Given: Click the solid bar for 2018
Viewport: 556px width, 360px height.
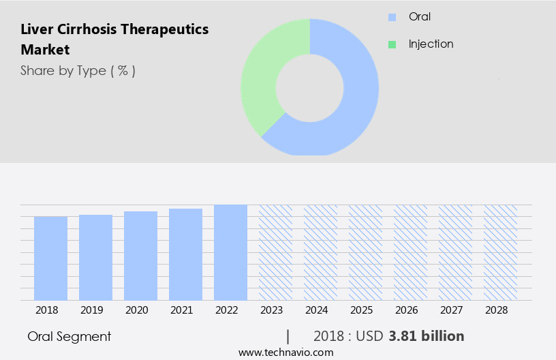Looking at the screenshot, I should click(x=50, y=258).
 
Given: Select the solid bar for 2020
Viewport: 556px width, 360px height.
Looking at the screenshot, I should click(x=140, y=256).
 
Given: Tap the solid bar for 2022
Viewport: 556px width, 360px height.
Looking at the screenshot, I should click(x=230, y=252).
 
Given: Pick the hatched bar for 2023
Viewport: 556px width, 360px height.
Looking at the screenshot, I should click(x=275, y=252).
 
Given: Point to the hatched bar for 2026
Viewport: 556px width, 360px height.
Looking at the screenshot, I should click(x=410, y=252).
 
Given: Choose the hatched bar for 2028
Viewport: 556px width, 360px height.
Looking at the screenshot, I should click(x=500, y=252).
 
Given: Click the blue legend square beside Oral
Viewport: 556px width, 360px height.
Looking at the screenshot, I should click(x=392, y=17).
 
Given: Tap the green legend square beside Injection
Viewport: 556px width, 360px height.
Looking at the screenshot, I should click(x=392, y=44).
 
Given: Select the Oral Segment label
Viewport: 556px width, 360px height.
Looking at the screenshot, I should click(x=69, y=336).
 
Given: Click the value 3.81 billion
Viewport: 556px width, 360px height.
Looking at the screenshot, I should click(x=427, y=336).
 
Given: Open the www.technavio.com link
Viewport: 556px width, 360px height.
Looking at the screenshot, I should click(x=285, y=352).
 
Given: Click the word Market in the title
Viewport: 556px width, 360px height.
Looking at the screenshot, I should click(x=45, y=50).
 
